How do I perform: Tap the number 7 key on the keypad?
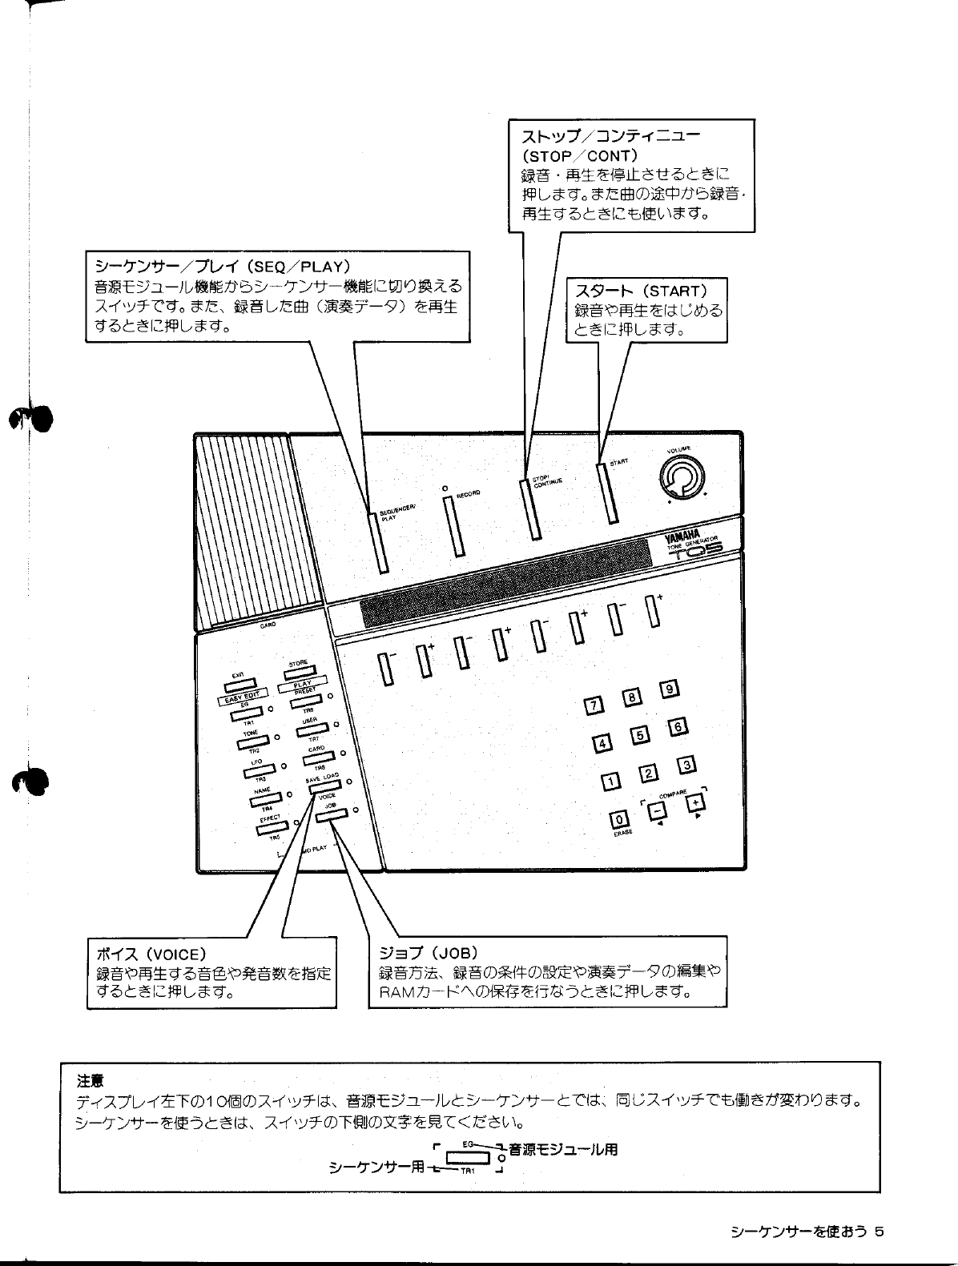pos(594,705)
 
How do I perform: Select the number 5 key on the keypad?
pos(639,734)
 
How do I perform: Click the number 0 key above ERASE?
pos(619,819)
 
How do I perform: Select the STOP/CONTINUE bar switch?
pos(529,510)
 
